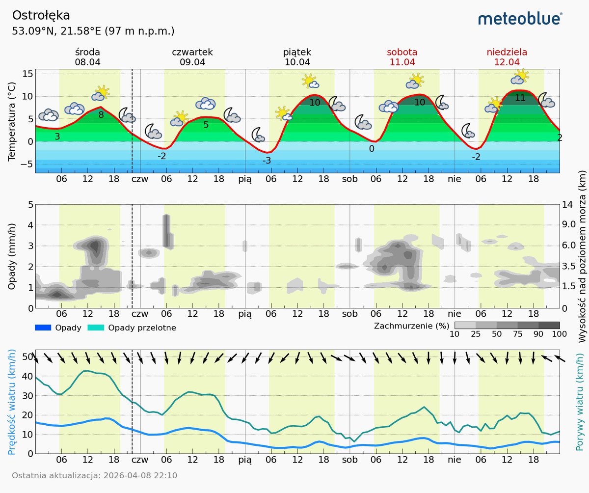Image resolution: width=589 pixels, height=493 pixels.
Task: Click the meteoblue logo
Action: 520,19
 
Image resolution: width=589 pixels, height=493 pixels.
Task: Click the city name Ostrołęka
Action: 41,16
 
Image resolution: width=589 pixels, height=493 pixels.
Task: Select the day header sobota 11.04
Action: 402,57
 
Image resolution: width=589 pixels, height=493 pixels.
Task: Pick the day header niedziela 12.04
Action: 507,57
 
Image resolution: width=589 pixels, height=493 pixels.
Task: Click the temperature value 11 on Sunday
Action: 520,98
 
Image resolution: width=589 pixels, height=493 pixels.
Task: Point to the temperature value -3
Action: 267,161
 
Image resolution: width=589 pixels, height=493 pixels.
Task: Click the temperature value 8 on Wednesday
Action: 101,115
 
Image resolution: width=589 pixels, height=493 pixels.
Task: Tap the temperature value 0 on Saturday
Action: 372,149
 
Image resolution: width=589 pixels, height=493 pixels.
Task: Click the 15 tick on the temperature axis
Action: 27,74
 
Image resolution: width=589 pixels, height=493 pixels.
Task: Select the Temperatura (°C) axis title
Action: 12,122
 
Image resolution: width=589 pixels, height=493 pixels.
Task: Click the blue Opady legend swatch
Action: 43,328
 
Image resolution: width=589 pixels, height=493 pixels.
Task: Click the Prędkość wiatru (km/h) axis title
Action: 12,402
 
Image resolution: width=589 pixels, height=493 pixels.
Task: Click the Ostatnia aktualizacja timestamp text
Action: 94,475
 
